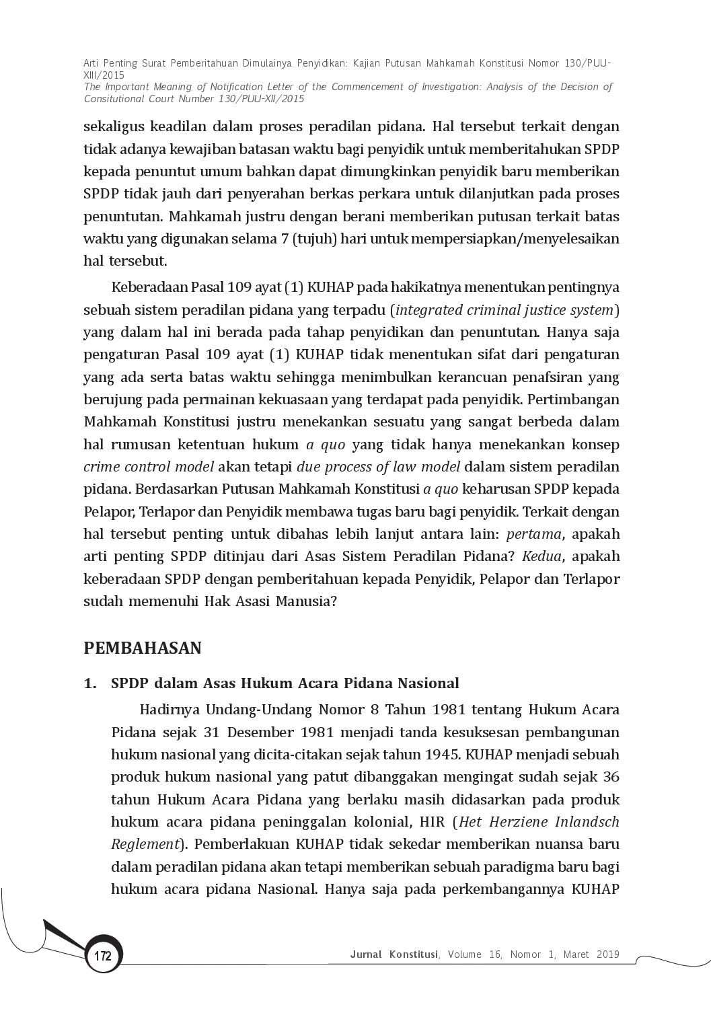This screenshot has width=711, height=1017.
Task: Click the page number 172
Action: coord(102,956)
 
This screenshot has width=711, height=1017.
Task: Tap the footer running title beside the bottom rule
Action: coord(483,952)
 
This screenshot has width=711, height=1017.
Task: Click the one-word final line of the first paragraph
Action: coord(123,261)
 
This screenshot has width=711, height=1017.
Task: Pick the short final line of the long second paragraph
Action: coord(209,600)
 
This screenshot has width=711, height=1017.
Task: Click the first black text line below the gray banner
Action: coord(352,126)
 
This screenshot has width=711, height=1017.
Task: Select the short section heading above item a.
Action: coord(142,648)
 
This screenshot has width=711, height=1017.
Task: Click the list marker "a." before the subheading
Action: coord(86,683)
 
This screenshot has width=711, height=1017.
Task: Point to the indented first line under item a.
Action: coord(381,710)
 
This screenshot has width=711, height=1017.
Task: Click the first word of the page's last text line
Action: coord(153,891)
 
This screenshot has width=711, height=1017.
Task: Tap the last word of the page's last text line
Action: coord(595,891)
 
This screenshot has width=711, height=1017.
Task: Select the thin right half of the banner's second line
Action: coord(464,85)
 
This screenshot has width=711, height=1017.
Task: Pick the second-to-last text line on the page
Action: coord(365,868)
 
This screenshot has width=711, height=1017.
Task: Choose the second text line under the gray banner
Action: coord(352,148)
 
